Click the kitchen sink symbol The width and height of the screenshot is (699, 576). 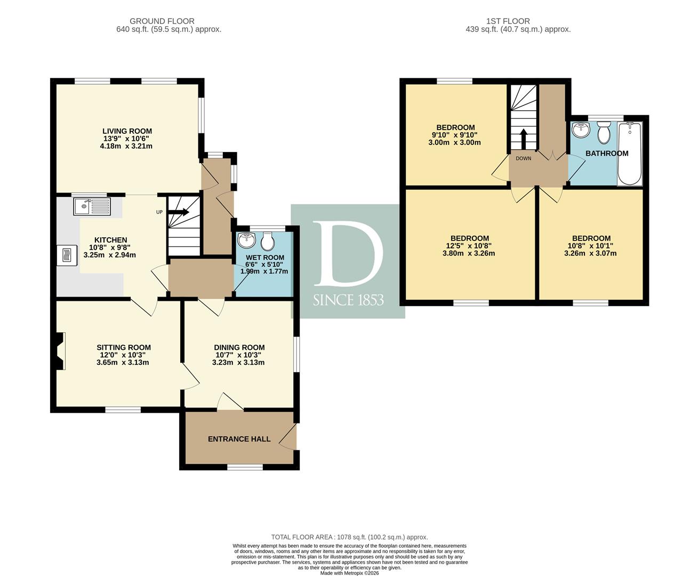[92, 206]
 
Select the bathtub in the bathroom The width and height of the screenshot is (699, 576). [630, 154]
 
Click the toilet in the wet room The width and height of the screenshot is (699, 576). [268, 242]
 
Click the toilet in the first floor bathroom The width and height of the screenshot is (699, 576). [604, 132]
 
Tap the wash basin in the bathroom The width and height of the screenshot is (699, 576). [581, 130]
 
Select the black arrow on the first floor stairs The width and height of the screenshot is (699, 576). [523, 139]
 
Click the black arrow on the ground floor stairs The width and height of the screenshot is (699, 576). [179, 212]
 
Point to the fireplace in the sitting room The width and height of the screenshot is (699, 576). [60, 351]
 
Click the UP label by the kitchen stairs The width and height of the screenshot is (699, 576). [159, 212]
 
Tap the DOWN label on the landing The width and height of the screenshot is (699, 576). [523, 158]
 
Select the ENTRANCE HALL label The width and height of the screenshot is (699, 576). [239, 439]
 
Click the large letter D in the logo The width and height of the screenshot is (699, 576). [348, 254]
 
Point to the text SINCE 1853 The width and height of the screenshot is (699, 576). [348, 300]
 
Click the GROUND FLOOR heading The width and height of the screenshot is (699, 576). [162, 21]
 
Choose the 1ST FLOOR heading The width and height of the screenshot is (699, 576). [508, 21]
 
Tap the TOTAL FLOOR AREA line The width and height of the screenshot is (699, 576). [350, 537]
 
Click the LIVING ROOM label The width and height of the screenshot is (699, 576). [127, 131]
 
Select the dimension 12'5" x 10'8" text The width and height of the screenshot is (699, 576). [469, 246]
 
